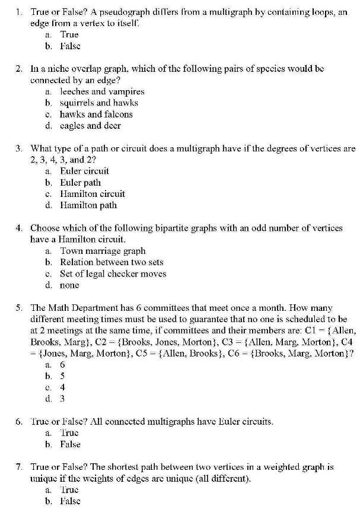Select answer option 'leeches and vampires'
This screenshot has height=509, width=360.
pos(101,91)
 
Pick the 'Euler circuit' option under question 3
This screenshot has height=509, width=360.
pos(84,171)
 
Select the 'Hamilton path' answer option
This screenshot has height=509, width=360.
pos(88,205)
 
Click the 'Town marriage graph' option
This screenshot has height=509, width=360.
pos(102,250)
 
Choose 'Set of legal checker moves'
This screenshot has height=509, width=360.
pos(113,273)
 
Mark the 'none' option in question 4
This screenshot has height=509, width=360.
pos(69,285)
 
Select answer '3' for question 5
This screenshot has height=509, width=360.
pos(62,399)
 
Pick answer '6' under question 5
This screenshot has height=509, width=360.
pos(62,364)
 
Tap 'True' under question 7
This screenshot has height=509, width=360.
pos(69,489)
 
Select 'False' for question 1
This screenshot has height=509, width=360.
pos(70,46)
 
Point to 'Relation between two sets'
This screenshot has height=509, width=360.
pos(111,262)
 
